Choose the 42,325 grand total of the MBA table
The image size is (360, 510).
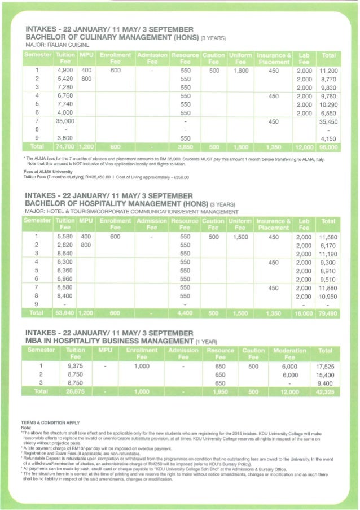coord(325,391)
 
